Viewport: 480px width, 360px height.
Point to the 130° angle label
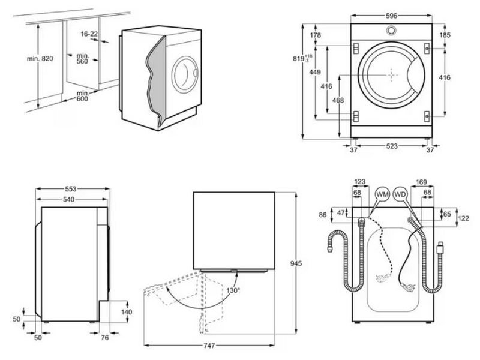pyautogui.click(x=233, y=291)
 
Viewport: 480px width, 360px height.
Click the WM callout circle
pyautogui.click(x=382, y=194)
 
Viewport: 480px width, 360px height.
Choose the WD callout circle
pyautogui.click(x=401, y=194)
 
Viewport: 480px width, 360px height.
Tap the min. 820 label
pyautogui.click(x=40, y=58)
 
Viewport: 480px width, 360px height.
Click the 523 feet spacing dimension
pyautogui.click(x=391, y=146)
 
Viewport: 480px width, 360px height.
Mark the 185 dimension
pyautogui.click(x=445, y=35)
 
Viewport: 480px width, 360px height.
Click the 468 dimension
pyautogui.click(x=338, y=100)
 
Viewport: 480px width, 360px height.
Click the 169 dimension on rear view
pyautogui.click(x=421, y=182)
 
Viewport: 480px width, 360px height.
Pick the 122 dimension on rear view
pyautogui.click(x=463, y=218)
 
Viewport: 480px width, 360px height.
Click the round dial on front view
pyautogui.click(x=391, y=31)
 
